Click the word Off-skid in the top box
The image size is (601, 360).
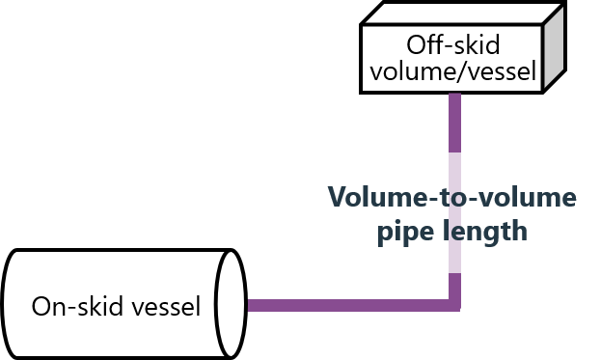click(454, 46)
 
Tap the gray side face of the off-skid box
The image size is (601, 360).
click(554, 53)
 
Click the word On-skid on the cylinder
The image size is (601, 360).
click(73, 307)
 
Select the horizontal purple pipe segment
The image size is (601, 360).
click(347, 306)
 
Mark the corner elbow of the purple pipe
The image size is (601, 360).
click(455, 305)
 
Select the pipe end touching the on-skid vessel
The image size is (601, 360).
click(252, 306)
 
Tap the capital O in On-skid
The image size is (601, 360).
click(41, 307)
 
